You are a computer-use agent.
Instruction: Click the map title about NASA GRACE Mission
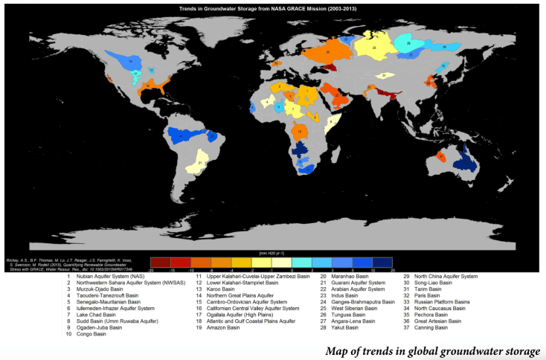(x=273, y=7)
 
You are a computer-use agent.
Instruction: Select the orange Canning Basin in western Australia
(x=441, y=156)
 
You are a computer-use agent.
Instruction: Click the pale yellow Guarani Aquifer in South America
(x=202, y=163)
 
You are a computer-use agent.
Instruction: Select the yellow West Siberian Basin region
(x=373, y=48)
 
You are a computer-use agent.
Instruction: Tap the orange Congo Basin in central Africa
(x=300, y=132)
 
